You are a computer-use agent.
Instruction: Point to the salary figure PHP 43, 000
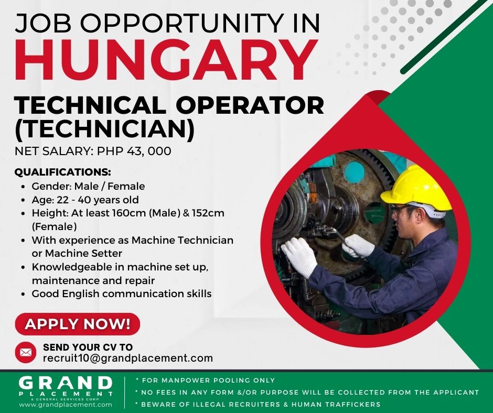tap(134, 151)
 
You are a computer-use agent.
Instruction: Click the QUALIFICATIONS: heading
tap(63, 172)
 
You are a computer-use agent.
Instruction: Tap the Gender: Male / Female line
tap(88, 186)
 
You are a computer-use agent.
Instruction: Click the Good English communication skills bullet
tap(121, 294)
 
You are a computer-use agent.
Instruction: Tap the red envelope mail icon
tap(26, 352)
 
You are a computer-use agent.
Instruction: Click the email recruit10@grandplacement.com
tap(128, 358)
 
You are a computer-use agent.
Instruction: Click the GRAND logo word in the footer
tap(66, 383)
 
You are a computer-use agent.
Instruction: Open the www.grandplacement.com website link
tap(66, 405)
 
